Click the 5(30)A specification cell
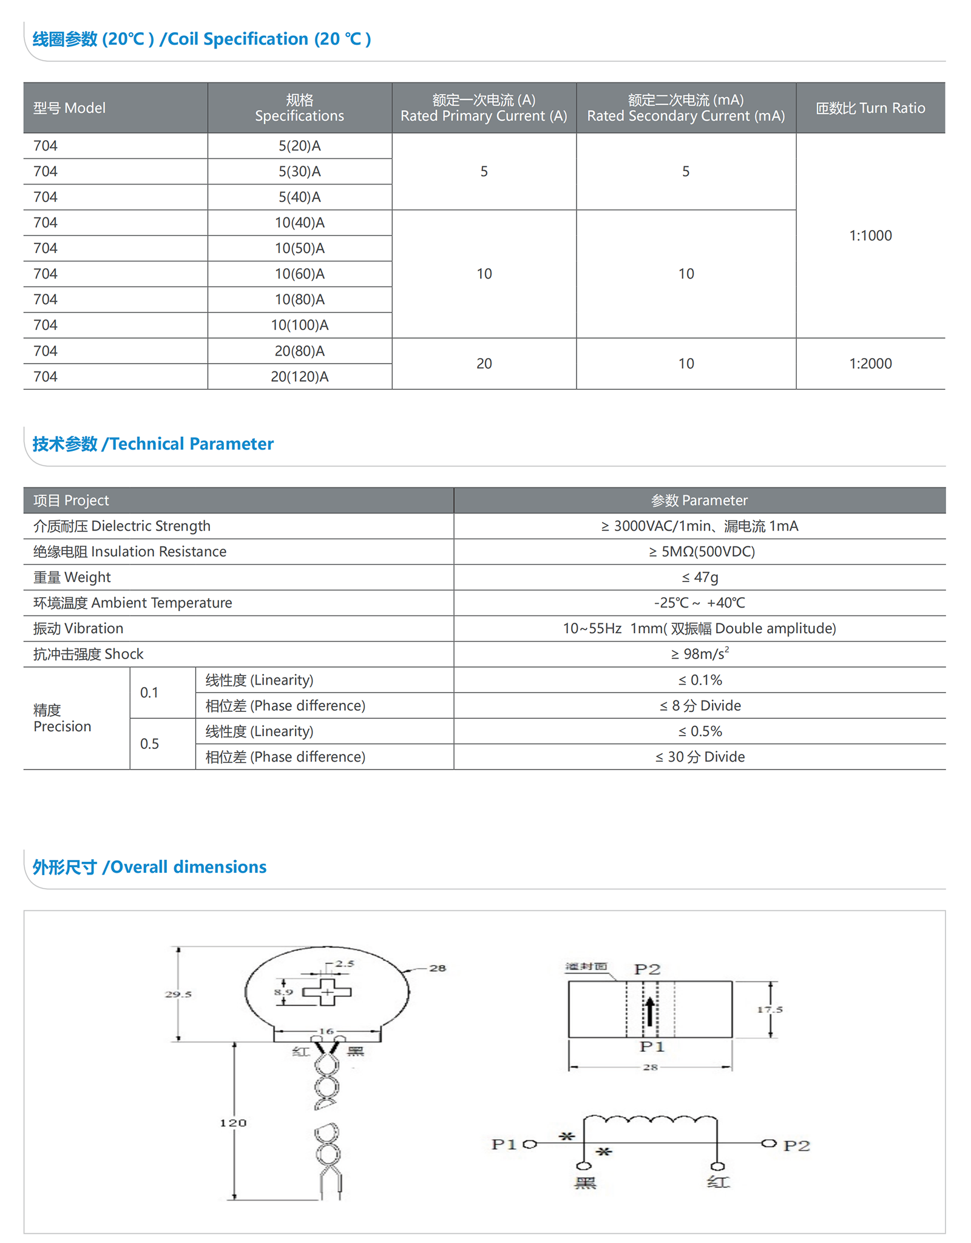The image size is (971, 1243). pyautogui.click(x=299, y=172)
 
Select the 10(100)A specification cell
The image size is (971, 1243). pyautogui.click(x=299, y=325)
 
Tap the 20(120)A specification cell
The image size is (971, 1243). pyautogui.click(x=299, y=377)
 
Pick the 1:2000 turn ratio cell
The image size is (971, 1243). pyautogui.click(x=870, y=364)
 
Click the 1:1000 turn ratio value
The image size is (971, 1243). pyautogui.click(x=870, y=235)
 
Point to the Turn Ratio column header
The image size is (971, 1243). pyautogui.click(x=870, y=108)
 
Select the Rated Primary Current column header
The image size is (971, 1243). pyautogui.click(x=484, y=108)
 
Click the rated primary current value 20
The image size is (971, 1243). pyautogui.click(x=484, y=364)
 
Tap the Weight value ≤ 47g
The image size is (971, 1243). pyautogui.click(x=699, y=577)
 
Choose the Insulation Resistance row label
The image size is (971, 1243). pyautogui.click(x=130, y=552)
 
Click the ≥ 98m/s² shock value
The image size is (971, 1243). pyautogui.click(x=699, y=654)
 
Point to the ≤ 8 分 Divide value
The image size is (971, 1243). pyautogui.click(x=699, y=706)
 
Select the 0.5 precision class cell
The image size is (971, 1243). pyautogui.click(x=149, y=744)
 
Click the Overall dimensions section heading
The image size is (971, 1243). pyautogui.click(x=149, y=867)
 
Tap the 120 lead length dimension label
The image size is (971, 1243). pyautogui.click(x=233, y=1123)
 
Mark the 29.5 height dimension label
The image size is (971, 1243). pyautogui.click(x=178, y=994)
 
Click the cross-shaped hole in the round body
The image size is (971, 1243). pyautogui.click(x=327, y=992)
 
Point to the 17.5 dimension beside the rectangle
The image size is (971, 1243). pyautogui.click(x=770, y=1009)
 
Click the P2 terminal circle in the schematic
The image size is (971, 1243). pyautogui.click(x=769, y=1143)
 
